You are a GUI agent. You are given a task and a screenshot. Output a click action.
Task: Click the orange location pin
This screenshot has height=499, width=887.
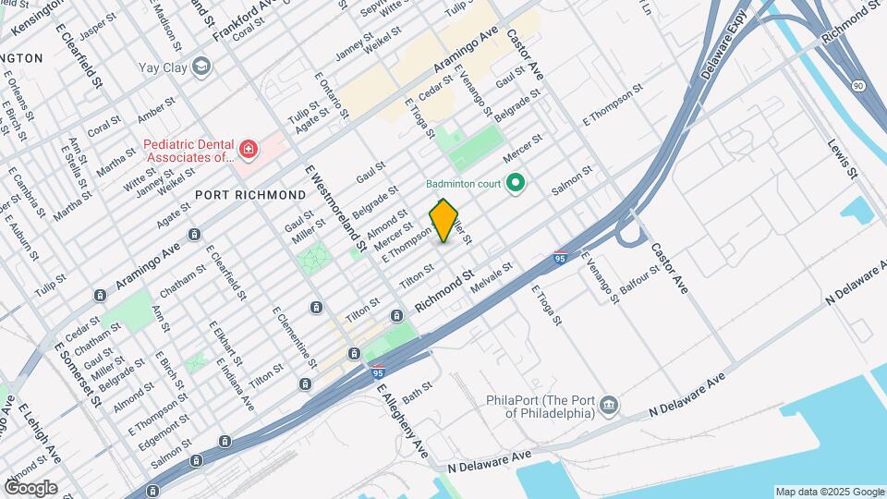pyautogui.click(x=444, y=221)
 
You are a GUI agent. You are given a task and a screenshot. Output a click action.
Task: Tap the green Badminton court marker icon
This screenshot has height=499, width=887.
pyautogui.click(x=516, y=183)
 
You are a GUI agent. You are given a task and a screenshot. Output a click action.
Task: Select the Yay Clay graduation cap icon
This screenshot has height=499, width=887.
pyautogui.click(x=201, y=67)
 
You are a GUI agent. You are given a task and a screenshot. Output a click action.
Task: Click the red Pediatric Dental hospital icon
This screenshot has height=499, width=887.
pyautogui.click(x=248, y=148)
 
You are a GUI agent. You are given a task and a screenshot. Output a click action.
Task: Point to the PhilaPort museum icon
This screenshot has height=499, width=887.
pyautogui.click(x=609, y=405)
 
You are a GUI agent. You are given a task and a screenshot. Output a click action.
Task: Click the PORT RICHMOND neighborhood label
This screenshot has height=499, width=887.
pyautogui.click(x=249, y=195)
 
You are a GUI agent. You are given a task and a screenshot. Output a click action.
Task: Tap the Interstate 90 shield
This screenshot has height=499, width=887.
pyautogui.click(x=859, y=86)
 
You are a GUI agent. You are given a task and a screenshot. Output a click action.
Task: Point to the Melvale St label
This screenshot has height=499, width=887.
pyautogui.click(x=491, y=277)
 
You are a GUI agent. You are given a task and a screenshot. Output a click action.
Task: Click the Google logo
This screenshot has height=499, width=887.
pyautogui.click(x=30, y=488)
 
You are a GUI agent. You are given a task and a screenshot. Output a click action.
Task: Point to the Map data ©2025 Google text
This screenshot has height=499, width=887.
pyautogui.click(x=829, y=492)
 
